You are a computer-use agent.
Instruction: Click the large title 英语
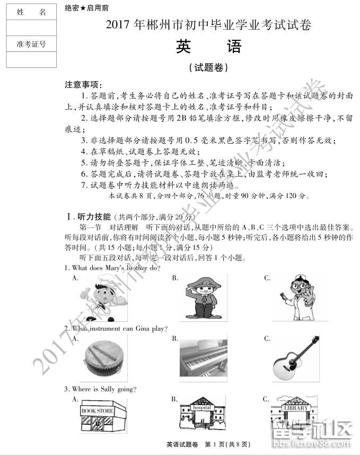coord(208,47)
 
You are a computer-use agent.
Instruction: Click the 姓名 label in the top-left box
coord(31,12)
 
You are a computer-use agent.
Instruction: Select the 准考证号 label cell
coord(31,44)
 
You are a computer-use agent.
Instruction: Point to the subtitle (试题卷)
coord(208,67)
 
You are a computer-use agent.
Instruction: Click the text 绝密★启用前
coord(87,8)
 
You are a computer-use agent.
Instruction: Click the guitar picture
coord(296,358)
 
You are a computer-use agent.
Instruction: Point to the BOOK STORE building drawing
coord(102,416)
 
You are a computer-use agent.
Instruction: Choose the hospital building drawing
coord(203,416)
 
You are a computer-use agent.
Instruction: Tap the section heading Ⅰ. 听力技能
coord(88,217)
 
